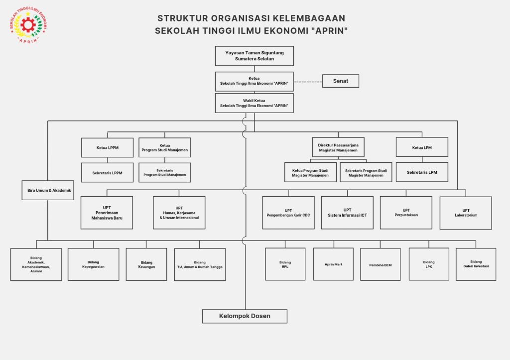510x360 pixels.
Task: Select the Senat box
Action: (x=340, y=81)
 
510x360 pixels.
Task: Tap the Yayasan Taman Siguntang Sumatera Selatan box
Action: (x=254, y=56)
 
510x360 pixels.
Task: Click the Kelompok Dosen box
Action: (x=245, y=316)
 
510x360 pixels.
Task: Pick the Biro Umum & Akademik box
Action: (x=48, y=190)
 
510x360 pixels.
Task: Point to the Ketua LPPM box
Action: (x=107, y=148)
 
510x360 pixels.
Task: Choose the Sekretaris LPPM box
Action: (x=107, y=173)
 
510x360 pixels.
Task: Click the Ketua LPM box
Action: (x=422, y=147)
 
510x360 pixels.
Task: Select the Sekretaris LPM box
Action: (x=422, y=172)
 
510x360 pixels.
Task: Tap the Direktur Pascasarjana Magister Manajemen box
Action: (x=338, y=147)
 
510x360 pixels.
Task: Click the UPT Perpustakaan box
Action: (x=406, y=213)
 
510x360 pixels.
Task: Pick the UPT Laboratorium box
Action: (x=466, y=213)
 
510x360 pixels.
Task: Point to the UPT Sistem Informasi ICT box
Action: (x=347, y=213)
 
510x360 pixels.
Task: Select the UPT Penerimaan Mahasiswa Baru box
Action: (x=107, y=213)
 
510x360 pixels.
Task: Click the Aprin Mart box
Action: (x=333, y=264)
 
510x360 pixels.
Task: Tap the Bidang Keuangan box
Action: (x=146, y=264)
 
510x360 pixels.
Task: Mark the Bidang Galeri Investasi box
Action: (x=476, y=264)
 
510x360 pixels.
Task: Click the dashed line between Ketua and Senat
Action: (x=308, y=81)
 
